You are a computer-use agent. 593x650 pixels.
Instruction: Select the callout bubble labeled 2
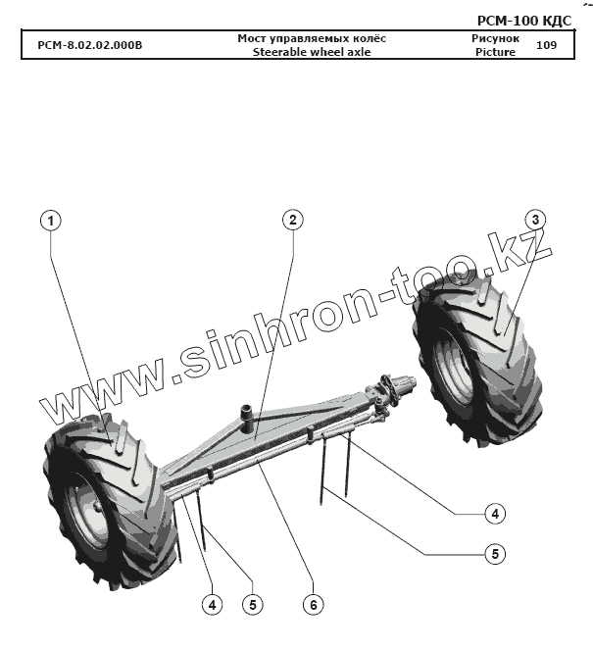tap(291, 220)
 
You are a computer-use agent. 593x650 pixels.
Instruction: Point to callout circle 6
tap(313, 605)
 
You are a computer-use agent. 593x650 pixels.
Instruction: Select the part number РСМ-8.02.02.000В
tap(89, 45)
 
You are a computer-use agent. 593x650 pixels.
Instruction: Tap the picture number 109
tap(547, 45)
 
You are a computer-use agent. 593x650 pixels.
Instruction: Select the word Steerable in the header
tap(282, 52)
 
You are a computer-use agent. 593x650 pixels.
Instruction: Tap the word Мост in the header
tap(253, 38)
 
